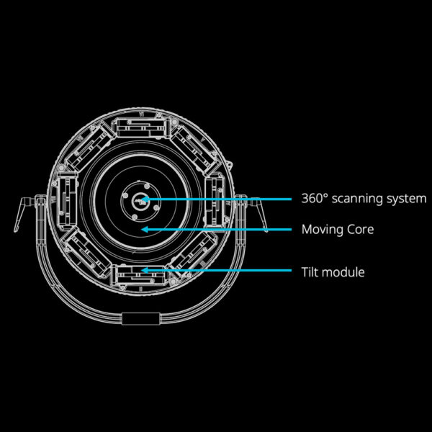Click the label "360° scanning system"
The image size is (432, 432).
click(364, 199)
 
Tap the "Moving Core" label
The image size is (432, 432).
click(338, 230)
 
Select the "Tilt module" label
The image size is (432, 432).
click(333, 272)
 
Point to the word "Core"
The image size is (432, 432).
click(361, 230)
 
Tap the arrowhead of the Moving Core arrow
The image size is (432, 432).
click(145, 229)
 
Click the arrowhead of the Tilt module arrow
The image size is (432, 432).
click(145, 270)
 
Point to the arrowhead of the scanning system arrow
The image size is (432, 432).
click(145, 199)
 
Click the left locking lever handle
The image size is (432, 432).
click(22, 213)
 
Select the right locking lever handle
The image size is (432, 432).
click(258, 213)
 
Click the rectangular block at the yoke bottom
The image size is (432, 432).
click(141, 319)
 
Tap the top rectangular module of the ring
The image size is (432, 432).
click(141, 127)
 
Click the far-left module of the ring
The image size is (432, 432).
click(67, 201)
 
